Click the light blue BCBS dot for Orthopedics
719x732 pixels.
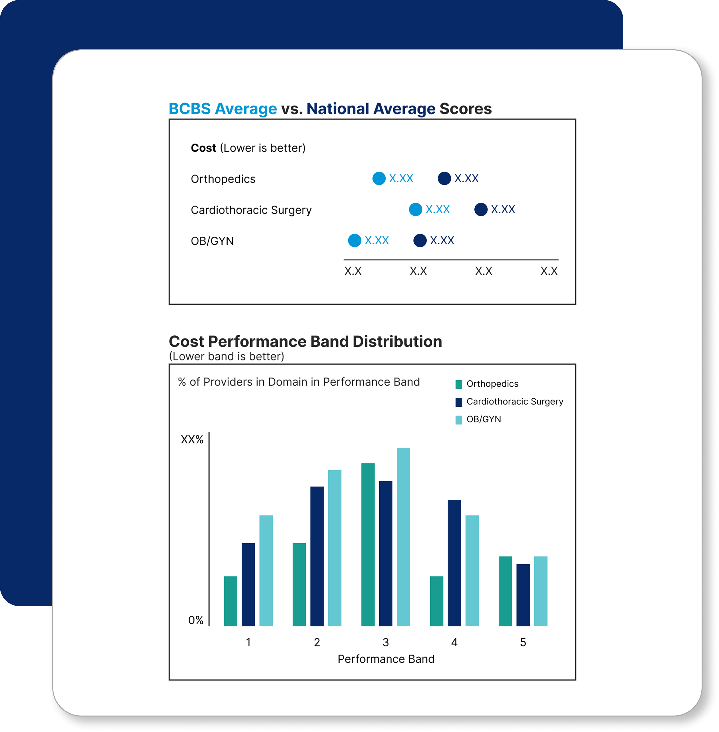tap(379, 178)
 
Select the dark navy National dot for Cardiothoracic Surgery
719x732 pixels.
tap(481, 209)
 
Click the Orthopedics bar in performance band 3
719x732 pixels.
tap(368, 545)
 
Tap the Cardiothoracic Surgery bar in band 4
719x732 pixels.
tap(454, 563)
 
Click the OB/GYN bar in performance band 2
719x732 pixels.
tap(335, 548)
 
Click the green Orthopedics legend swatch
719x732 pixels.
tap(459, 384)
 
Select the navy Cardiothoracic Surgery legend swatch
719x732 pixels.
tap(459, 402)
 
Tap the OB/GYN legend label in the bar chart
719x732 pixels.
tap(484, 419)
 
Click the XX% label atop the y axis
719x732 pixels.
tap(192, 440)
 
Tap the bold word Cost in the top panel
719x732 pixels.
tap(203, 148)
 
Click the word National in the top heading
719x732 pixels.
tap(337, 109)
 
